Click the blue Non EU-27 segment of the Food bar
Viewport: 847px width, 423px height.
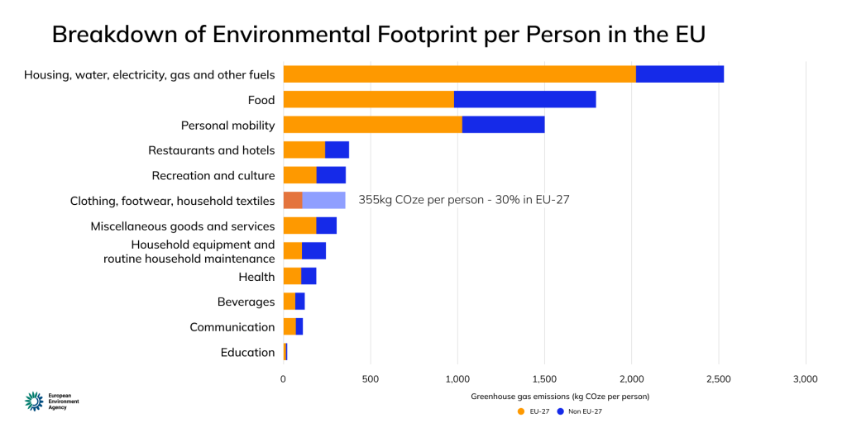(x=525, y=100)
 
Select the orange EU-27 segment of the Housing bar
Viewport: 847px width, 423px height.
(x=459, y=74)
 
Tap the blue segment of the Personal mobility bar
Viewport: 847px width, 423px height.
(x=503, y=125)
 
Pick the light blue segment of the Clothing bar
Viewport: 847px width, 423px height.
(x=323, y=200)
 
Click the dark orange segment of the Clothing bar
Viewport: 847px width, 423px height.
(x=293, y=200)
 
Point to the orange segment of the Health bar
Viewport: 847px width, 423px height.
(x=292, y=276)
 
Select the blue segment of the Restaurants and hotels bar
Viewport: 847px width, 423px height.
(x=337, y=150)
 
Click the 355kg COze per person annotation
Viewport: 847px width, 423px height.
(x=464, y=200)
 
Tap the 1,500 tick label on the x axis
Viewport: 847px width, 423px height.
(x=544, y=379)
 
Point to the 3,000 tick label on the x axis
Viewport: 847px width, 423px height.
(x=805, y=379)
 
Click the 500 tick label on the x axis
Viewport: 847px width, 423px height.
(x=371, y=379)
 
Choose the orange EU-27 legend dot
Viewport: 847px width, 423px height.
(x=521, y=411)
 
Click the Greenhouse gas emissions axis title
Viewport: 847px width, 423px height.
(x=560, y=397)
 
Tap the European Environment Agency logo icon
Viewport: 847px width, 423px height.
(x=34, y=401)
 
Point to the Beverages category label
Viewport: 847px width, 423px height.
(x=246, y=302)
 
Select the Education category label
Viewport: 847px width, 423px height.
(x=247, y=352)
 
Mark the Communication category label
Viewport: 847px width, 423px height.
(x=232, y=327)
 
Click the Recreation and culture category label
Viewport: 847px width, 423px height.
(x=213, y=175)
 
